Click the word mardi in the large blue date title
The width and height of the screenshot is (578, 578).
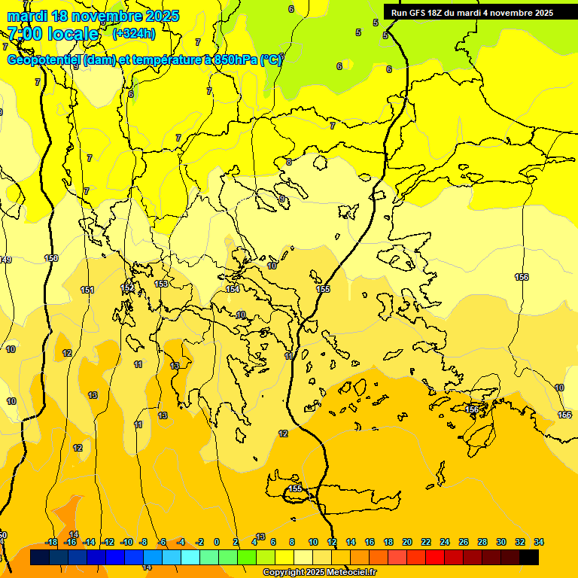click(27, 16)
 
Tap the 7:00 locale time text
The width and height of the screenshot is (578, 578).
click(53, 34)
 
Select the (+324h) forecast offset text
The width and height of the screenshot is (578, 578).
click(134, 33)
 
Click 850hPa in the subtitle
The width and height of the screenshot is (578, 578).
click(236, 60)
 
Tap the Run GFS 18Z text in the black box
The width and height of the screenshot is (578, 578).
click(416, 13)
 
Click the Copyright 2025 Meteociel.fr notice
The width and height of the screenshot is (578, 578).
click(319, 573)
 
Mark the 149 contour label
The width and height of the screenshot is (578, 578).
click(5, 260)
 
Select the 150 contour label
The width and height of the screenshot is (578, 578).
click(51, 258)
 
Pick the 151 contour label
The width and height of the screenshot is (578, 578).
click(87, 290)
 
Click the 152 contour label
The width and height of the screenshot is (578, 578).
click(127, 287)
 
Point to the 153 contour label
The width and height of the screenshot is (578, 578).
click(161, 284)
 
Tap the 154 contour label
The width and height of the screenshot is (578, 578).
click(233, 289)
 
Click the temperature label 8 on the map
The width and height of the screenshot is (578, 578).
click(288, 162)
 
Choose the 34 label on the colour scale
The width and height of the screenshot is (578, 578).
click(539, 542)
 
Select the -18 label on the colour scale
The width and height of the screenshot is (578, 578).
click(51, 542)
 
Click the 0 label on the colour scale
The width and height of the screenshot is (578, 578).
click(217, 542)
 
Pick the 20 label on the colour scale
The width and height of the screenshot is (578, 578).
click(407, 542)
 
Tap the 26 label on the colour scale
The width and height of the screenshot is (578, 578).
click(464, 542)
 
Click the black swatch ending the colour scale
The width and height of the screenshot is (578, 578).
click(529, 557)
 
